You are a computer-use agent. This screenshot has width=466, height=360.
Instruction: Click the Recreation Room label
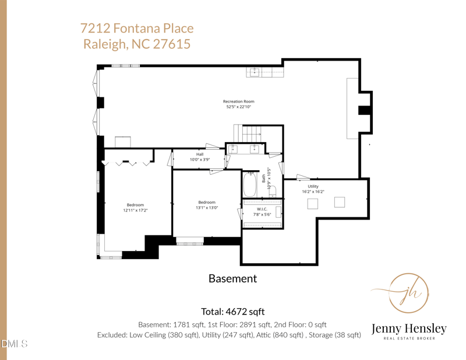click(x=239, y=101)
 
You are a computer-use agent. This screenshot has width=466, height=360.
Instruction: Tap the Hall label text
click(x=200, y=154)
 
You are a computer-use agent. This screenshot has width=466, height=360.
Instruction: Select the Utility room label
click(x=313, y=186)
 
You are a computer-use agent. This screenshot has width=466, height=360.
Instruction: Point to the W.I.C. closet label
click(x=262, y=209)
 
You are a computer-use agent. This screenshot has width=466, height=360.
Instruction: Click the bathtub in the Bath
click(x=250, y=184)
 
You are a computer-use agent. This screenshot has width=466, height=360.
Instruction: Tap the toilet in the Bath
click(x=273, y=190)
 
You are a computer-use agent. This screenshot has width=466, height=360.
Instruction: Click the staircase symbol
click(x=247, y=133)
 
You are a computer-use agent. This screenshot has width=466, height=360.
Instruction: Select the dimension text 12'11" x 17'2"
click(x=135, y=210)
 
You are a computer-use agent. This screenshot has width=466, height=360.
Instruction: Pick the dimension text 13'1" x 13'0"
click(x=207, y=207)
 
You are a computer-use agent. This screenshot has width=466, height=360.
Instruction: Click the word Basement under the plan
click(x=232, y=278)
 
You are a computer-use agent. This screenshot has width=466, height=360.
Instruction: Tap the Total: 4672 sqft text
click(x=232, y=312)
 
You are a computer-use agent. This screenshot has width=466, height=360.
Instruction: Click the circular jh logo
click(x=409, y=293)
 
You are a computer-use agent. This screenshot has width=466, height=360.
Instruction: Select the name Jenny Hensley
click(x=409, y=329)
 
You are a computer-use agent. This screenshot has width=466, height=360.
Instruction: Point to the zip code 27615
click(x=171, y=44)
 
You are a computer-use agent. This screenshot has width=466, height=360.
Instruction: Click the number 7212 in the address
click(x=95, y=28)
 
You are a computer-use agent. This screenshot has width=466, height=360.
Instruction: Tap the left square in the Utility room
click(x=312, y=204)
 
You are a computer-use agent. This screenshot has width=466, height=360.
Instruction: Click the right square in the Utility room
click(x=340, y=202)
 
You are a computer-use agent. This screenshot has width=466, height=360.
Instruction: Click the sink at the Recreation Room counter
click(x=255, y=72)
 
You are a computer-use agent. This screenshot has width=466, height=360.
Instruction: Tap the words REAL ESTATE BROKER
click(x=409, y=338)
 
